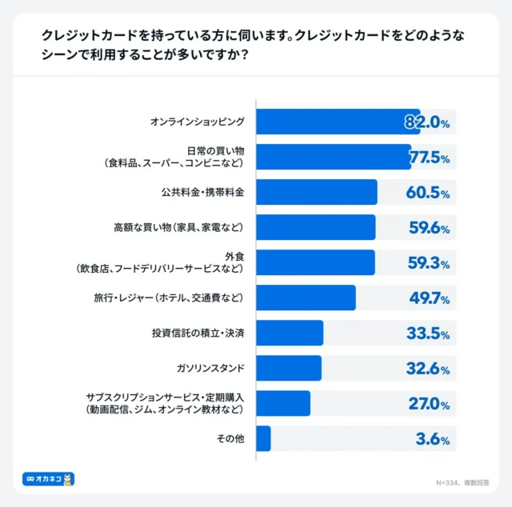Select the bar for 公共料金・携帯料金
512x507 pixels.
point(317,192)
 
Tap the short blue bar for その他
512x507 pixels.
point(264,438)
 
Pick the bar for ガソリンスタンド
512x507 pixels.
point(289,368)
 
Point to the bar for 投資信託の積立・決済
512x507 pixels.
point(290,333)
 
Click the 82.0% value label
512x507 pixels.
point(426,122)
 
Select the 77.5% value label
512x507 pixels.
point(429,158)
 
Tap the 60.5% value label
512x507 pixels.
point(429,193)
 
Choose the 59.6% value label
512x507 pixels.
point(429,228)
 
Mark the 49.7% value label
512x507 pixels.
point(429,298)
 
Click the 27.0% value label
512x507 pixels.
point(429,404)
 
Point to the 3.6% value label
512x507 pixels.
point(432,439)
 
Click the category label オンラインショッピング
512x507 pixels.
point(197,122)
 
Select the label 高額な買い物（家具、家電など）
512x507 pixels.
point(178,227)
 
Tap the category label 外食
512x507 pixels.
point(233,257)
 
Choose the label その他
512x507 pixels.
point(231,438)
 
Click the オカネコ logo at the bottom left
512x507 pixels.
point(48,479)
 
